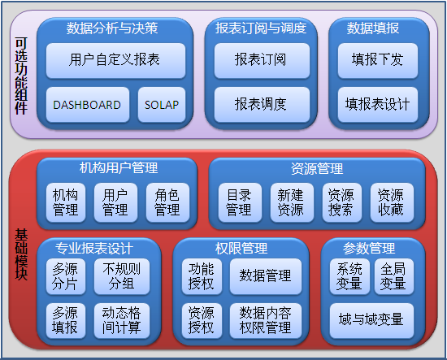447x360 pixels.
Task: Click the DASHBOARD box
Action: (88, 105)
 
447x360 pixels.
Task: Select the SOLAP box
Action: (162, 105)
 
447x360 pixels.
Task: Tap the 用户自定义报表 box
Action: (115, 61)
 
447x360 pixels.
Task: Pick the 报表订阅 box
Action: (262, 61)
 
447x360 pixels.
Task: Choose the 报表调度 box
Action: (262, 105)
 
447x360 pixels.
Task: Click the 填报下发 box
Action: (378, 61)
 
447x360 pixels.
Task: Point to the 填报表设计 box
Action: (378, 105)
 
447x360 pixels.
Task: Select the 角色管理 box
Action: (167, 202)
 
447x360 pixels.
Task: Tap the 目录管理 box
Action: (240, 202)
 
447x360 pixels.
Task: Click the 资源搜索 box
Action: (342, 202)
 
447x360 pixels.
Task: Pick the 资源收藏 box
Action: (392, 202)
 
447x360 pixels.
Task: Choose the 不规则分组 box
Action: (122, 276)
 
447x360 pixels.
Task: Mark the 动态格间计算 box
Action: (122, 321)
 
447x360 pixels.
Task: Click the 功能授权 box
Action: (202, 276)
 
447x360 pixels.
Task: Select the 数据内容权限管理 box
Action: (266, 321)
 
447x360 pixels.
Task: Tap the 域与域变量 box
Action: (371, 321)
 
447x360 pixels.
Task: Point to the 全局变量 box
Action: (394, 276)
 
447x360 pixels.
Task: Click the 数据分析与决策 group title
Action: (112, 28)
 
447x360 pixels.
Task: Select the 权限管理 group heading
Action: (241, 249)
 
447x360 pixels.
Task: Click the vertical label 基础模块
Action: (21, 254)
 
